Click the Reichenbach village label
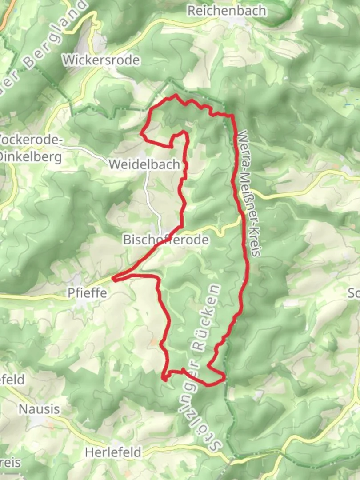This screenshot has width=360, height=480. (x=227, y=11)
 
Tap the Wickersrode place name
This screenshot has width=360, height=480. (x=101, y=60)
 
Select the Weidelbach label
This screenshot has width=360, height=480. (x=144, y=164)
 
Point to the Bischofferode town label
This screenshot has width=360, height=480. (x=165, y=240)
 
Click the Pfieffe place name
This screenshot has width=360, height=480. (x=87, y=293)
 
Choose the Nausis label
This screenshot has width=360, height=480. (x=39, y=408)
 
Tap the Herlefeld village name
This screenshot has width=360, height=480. (x=113, y=452)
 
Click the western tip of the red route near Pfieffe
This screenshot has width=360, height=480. (x=114, y=279)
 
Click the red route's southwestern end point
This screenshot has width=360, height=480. (x=164, y=379)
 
